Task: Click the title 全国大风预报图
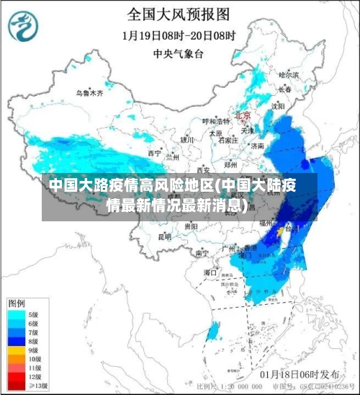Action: point(179,14)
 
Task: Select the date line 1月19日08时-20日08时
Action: point(179,35)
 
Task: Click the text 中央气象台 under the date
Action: point(179,53)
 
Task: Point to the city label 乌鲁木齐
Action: point(90,93)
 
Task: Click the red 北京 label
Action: point(242,115)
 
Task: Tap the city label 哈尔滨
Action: point(288,74)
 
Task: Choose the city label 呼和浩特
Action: point(214,121)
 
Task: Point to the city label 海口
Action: point(210,272)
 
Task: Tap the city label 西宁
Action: point(155,154)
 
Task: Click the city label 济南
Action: point(257,146)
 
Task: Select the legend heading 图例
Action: point(17,302)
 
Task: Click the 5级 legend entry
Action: point(33,314)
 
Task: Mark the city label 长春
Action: point(285,89)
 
